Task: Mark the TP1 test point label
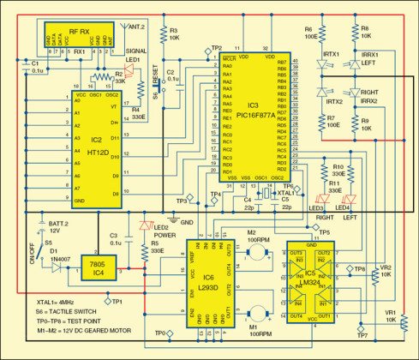pyautogui.click(x=117, y=302)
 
